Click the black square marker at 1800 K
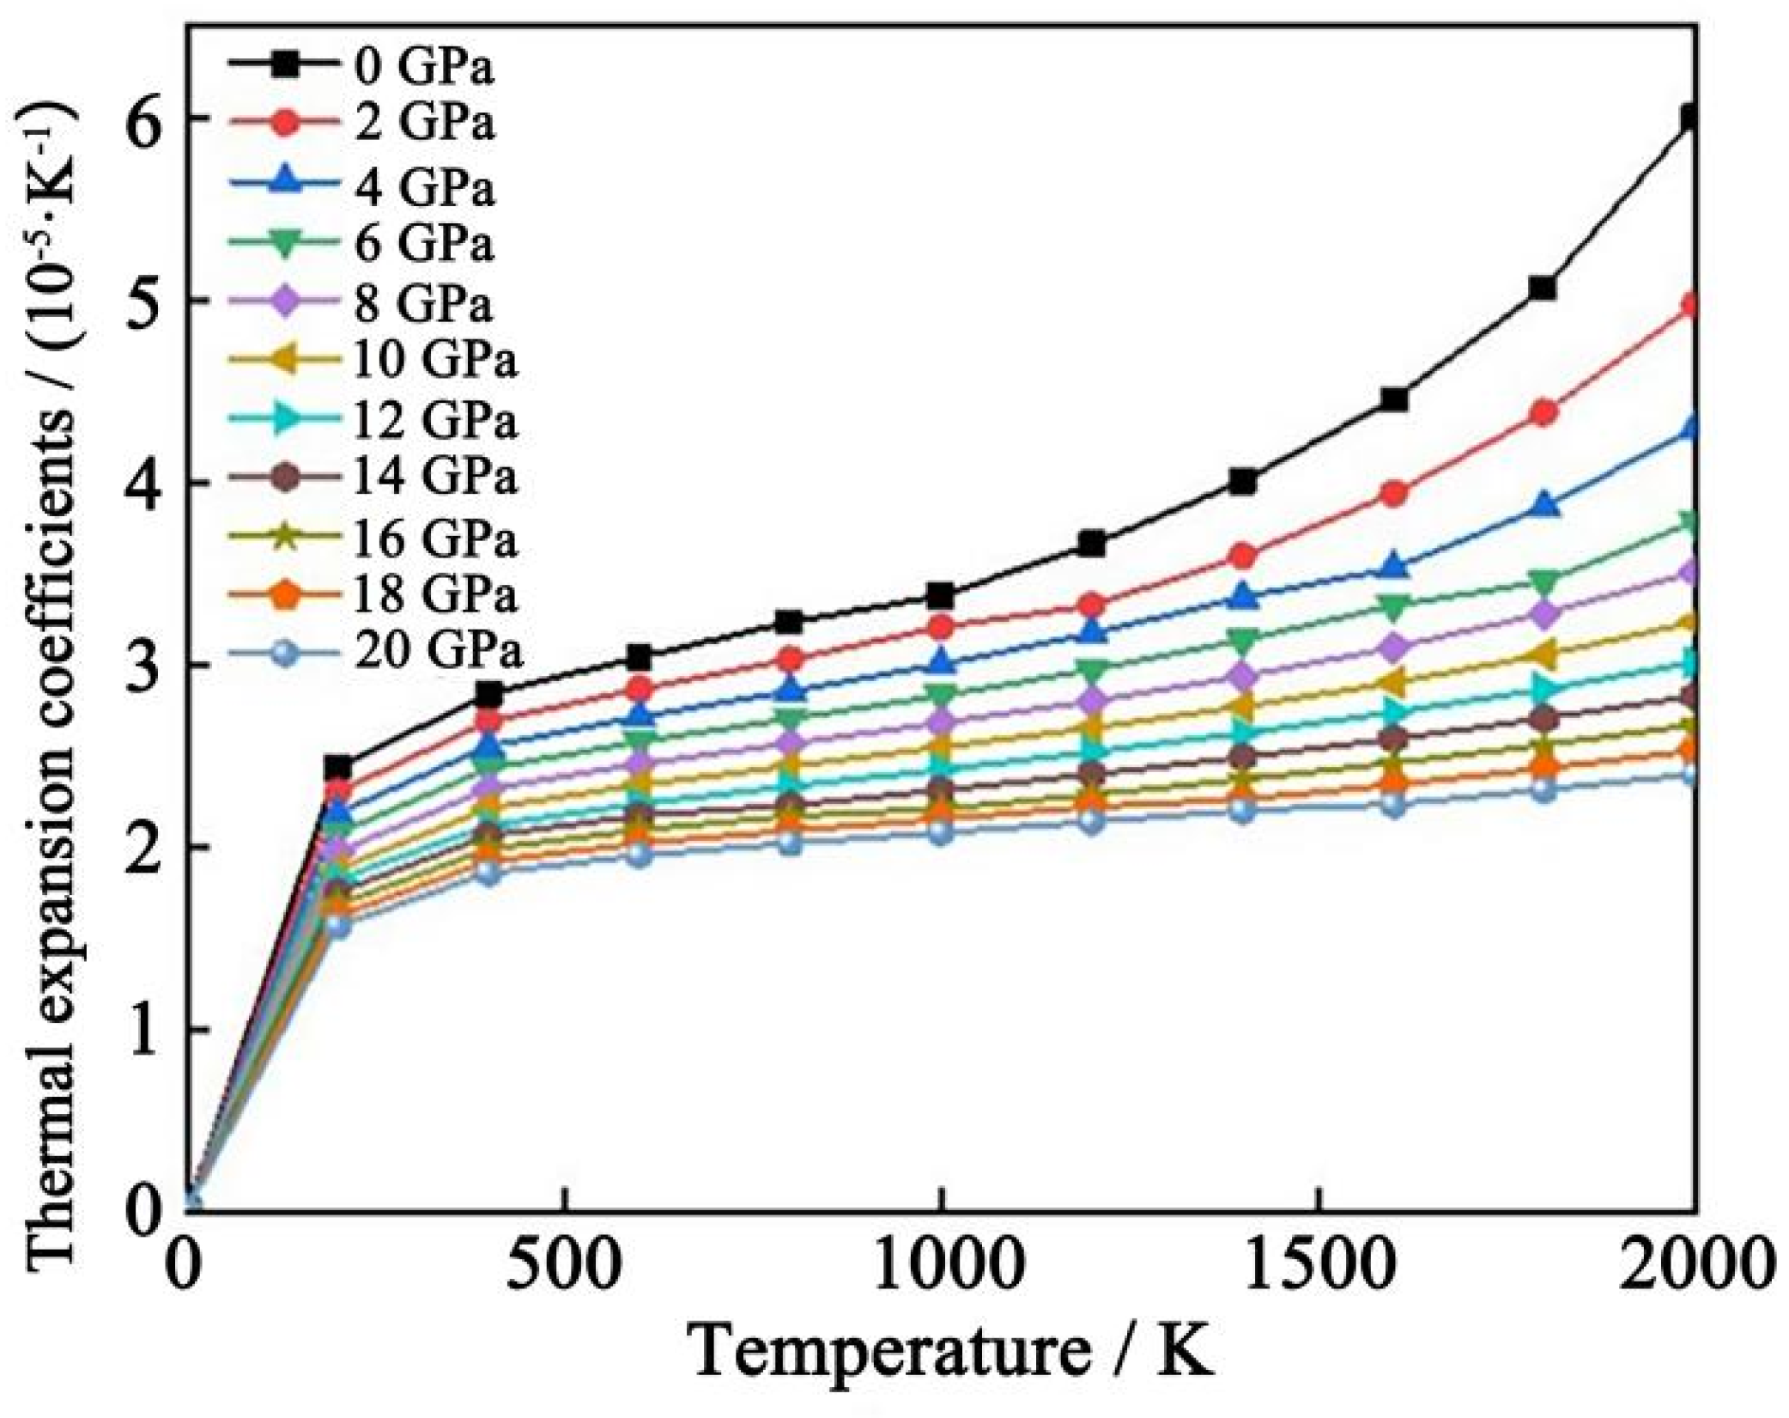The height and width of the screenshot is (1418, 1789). [x=1543, y=288]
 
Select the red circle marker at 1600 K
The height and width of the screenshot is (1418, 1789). [x=1394, y=493]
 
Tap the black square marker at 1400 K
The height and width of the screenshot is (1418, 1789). [x=1242, y=482]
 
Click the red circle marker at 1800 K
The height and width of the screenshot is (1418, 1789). [x=1543, y=413]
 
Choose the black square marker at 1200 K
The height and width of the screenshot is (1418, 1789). [x=1092, y=544]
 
